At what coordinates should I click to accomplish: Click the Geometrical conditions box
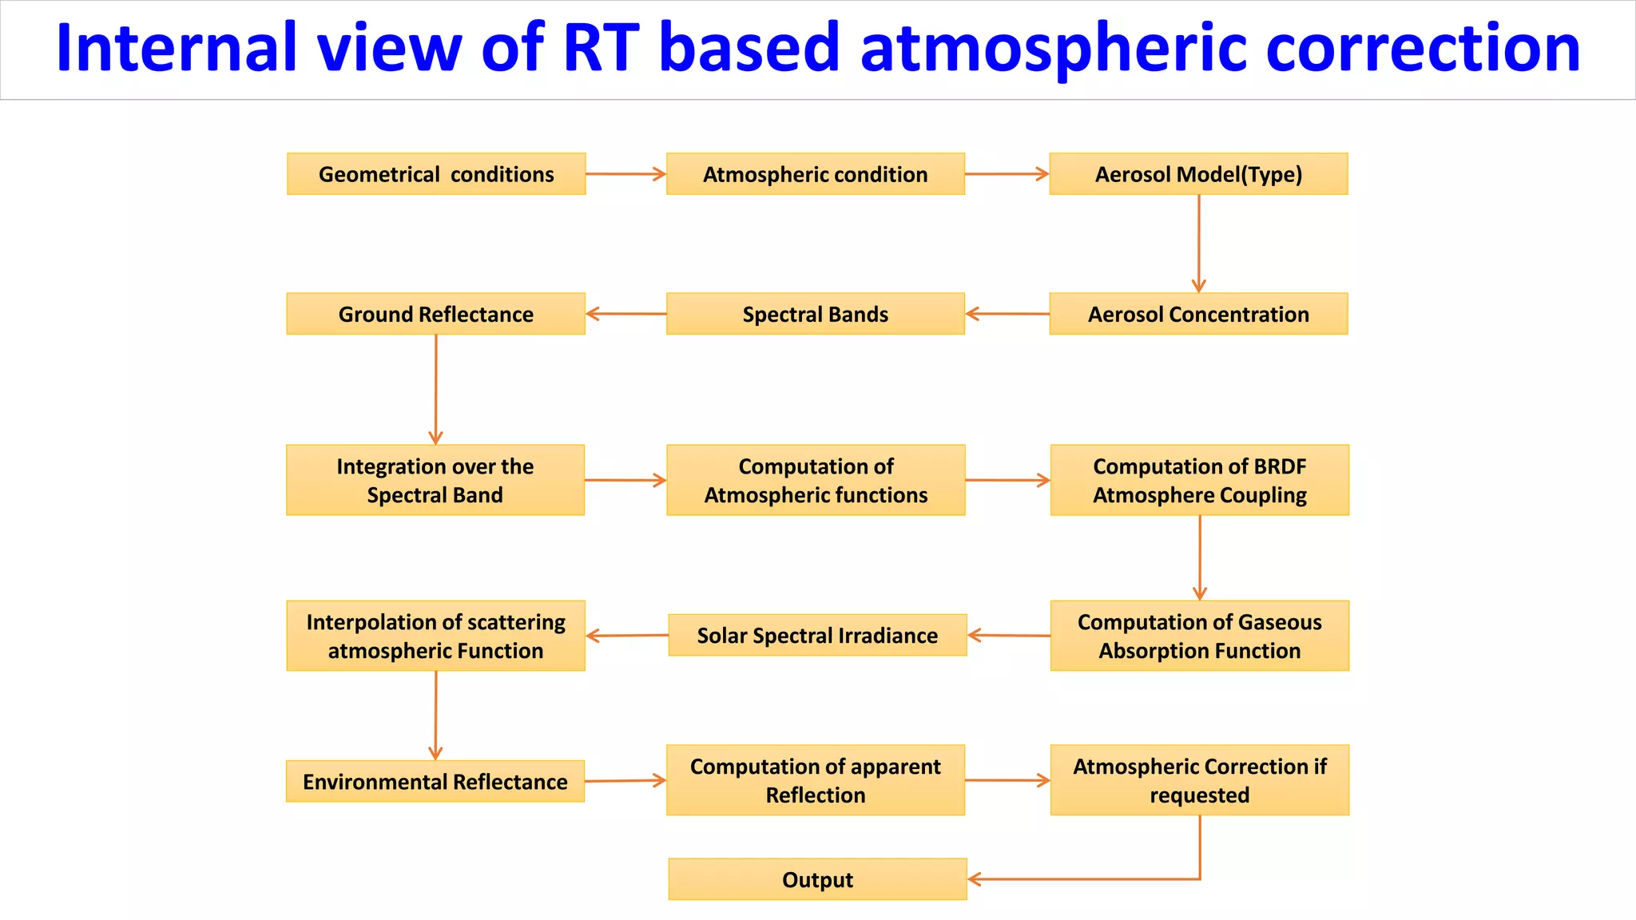point(436,174)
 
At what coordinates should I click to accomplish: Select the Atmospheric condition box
point(816,174)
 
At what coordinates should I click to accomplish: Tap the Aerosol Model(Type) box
point(1198,174)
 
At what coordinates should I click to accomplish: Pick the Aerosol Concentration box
point(1198,314)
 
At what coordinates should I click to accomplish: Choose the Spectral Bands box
point(816,314)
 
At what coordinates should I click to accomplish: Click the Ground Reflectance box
point(436,314)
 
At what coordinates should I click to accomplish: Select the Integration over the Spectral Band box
point(435,480)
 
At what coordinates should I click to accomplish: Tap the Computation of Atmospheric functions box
point(816,480)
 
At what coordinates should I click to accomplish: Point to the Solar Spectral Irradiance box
point(817,635)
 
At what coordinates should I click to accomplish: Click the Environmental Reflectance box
point(435,781)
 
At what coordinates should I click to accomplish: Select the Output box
point(817,879)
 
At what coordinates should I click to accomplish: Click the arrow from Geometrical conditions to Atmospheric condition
point(625,174)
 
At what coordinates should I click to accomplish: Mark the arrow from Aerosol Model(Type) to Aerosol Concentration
point(1198,244)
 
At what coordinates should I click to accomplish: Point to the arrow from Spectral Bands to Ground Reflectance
point(625,314)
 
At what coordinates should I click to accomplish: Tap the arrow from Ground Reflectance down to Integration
point(436,389)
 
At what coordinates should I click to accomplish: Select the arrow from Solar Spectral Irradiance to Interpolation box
point(627,636)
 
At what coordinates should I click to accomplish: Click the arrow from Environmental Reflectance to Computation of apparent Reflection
point(625,780)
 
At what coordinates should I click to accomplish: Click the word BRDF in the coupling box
point(1280,466)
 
